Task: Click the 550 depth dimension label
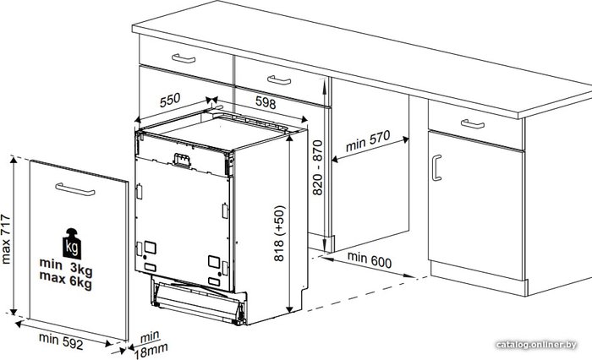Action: point(170,100)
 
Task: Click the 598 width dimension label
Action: point(266,102)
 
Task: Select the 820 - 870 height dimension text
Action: point(318,167)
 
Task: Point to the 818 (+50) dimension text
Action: point(279,233)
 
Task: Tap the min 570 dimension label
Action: point(368,141)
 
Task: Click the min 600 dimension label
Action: point(370,259)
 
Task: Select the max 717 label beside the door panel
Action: point(6,239)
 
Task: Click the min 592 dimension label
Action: point(61,341)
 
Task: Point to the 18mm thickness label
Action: point(151,351)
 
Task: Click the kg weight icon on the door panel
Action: point(72,243)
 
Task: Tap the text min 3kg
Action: point(66,267)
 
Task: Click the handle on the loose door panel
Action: point(75,189)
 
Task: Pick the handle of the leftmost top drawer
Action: point(184,58)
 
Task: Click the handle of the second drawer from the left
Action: point(279,80)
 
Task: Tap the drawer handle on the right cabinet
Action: point(473,123)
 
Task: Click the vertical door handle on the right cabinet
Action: point(436,168)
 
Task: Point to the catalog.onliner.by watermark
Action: point(536,345)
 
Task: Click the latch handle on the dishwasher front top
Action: point(182,160)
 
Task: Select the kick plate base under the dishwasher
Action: point(199,301)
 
